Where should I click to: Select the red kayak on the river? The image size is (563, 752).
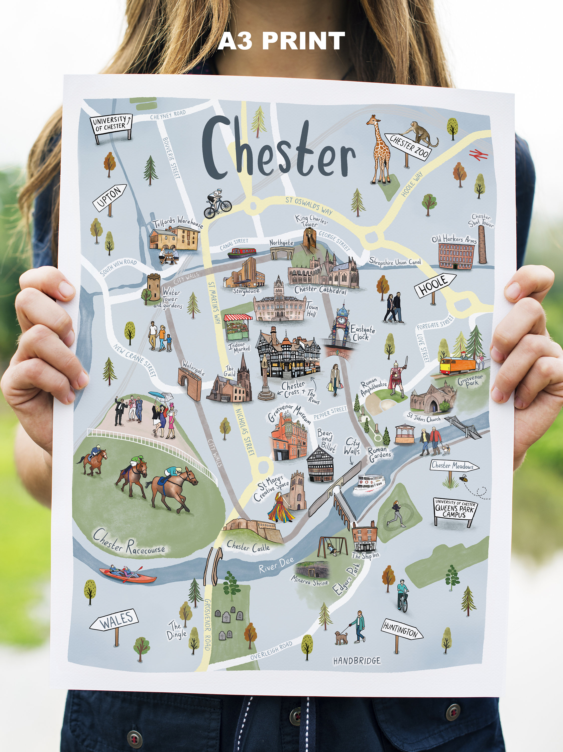coord(128,575)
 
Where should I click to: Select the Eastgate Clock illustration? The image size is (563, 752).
coord(343,326)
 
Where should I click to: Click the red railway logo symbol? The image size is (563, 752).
coord(479,155)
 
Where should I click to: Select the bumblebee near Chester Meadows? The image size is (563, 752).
coord(463,479)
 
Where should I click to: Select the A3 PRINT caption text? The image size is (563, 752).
coord(281,41)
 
